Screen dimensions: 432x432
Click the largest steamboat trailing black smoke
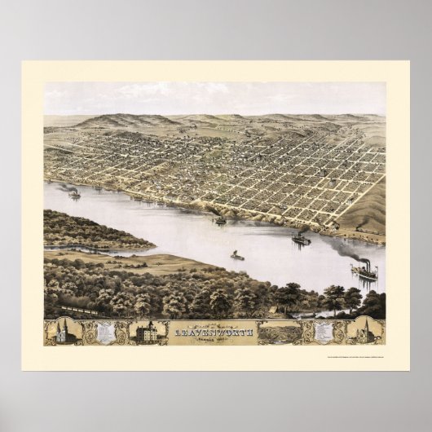[x=364, y=272]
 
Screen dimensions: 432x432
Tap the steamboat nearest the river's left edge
[x=74, y=194]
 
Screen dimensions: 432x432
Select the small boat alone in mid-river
[x=236, y=257]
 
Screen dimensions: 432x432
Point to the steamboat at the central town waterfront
[x=219, y=220]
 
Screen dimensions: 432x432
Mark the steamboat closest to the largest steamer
[x=301, y=239]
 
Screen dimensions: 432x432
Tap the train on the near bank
[x=82, y=310]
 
